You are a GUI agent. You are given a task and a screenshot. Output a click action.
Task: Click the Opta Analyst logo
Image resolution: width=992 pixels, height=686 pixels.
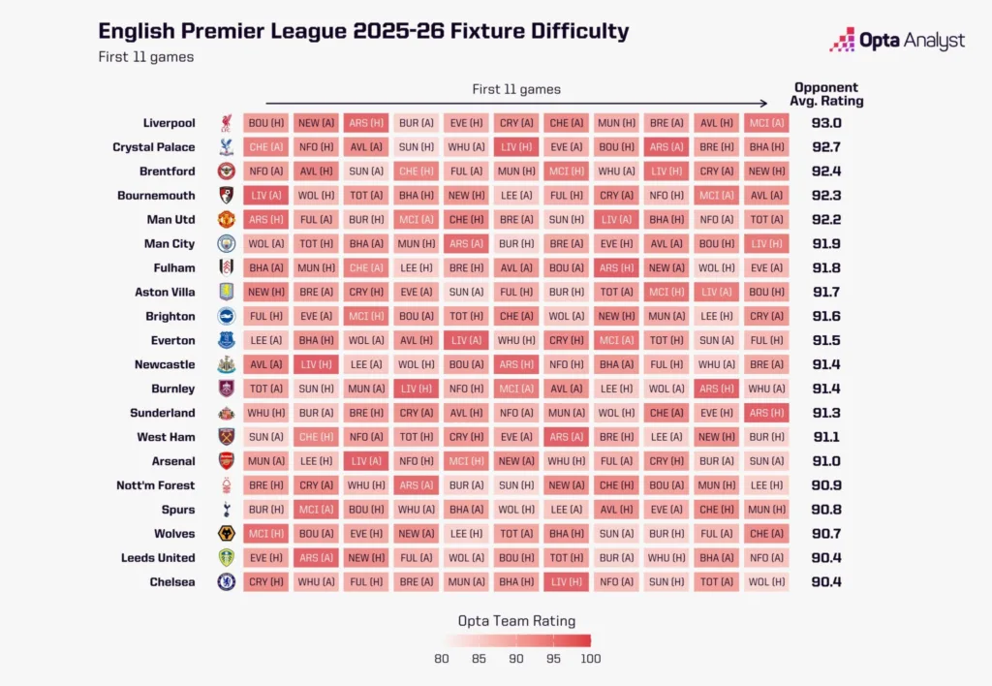click(897, 40)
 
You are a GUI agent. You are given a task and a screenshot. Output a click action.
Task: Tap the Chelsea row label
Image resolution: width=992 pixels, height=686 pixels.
click(171, 582)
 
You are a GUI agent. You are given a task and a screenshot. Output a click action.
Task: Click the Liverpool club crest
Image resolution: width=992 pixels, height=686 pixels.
click(226, 123)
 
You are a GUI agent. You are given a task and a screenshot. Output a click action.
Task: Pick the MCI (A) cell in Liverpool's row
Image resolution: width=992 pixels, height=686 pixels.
click(766, 123)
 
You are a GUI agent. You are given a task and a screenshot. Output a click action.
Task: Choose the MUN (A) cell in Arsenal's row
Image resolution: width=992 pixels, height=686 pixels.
click(266, 461)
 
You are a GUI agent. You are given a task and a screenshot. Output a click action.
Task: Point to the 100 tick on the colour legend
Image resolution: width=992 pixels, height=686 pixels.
click(591, 659)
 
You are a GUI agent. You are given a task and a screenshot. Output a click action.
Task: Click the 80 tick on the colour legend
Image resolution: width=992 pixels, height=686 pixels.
click(442, 659)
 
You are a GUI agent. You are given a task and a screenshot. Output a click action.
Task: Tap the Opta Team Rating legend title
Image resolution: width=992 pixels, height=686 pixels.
click(516, 621)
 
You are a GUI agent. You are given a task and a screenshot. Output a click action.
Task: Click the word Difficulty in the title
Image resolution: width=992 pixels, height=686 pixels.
click(566, 31)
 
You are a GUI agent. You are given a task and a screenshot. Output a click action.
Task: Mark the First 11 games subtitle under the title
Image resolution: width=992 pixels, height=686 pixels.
click(145, 57)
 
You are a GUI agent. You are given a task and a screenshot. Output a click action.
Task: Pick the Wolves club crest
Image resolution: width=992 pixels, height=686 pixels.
click(226, 534)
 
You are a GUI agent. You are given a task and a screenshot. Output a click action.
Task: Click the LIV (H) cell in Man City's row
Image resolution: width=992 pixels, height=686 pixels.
click(766, 244)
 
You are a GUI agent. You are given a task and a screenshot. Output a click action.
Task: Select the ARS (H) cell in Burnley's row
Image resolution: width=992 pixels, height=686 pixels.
click(716, 389)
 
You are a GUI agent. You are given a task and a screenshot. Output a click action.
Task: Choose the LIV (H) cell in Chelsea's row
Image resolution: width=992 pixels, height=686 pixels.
click(566, 582)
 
